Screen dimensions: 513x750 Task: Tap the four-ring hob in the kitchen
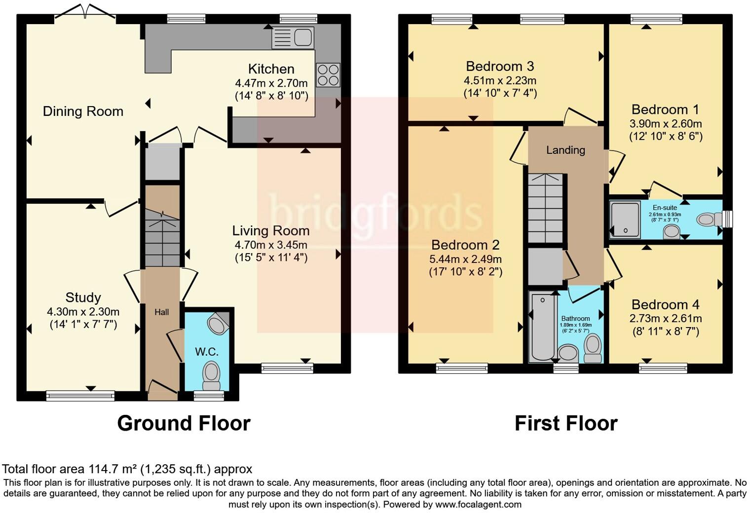328,75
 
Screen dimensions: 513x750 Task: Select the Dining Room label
83,111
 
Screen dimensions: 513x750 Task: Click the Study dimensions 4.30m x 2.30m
83,312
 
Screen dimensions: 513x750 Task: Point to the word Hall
161,312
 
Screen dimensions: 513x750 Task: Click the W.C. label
206,352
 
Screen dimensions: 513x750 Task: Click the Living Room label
271,230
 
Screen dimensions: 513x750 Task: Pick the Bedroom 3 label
500,66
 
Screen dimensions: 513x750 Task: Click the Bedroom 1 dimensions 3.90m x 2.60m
666,123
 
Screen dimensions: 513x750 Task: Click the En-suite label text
665,208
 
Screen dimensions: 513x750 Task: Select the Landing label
565,150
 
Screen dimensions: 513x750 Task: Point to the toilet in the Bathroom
593,348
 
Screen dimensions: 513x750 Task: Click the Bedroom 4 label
665,304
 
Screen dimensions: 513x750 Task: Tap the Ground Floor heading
184,423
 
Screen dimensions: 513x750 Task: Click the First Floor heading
566,423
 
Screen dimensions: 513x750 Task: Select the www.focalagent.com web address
478,505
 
